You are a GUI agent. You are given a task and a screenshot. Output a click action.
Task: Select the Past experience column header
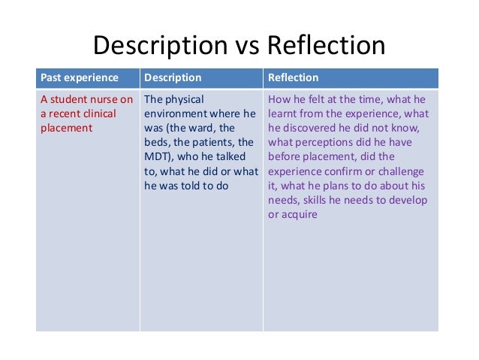click(x=79, y=78)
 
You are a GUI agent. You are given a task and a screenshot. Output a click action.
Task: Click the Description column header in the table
click(x=173, y=78)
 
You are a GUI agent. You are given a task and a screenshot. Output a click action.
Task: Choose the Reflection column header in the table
click(x=294, y=78)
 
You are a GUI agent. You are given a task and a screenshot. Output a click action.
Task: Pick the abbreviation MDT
click(x=156, y=156)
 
